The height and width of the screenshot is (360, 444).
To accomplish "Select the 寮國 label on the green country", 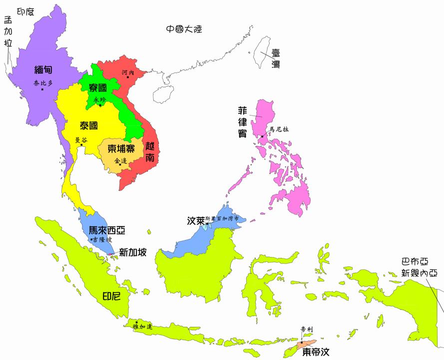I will (98, 88).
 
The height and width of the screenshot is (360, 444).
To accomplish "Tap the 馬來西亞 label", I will (106, 230).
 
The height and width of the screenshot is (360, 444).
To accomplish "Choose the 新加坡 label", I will (133, 252).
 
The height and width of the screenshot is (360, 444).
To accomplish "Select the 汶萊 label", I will (195, 220).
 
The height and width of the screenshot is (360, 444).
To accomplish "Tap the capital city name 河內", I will (128, 73).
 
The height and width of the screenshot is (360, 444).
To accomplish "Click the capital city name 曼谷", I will (80, 140).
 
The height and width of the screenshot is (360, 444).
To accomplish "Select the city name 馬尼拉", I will (279, 129).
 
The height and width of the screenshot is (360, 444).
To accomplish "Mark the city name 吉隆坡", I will (102, 240).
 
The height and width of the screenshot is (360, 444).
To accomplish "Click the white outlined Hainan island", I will (162, 93).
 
